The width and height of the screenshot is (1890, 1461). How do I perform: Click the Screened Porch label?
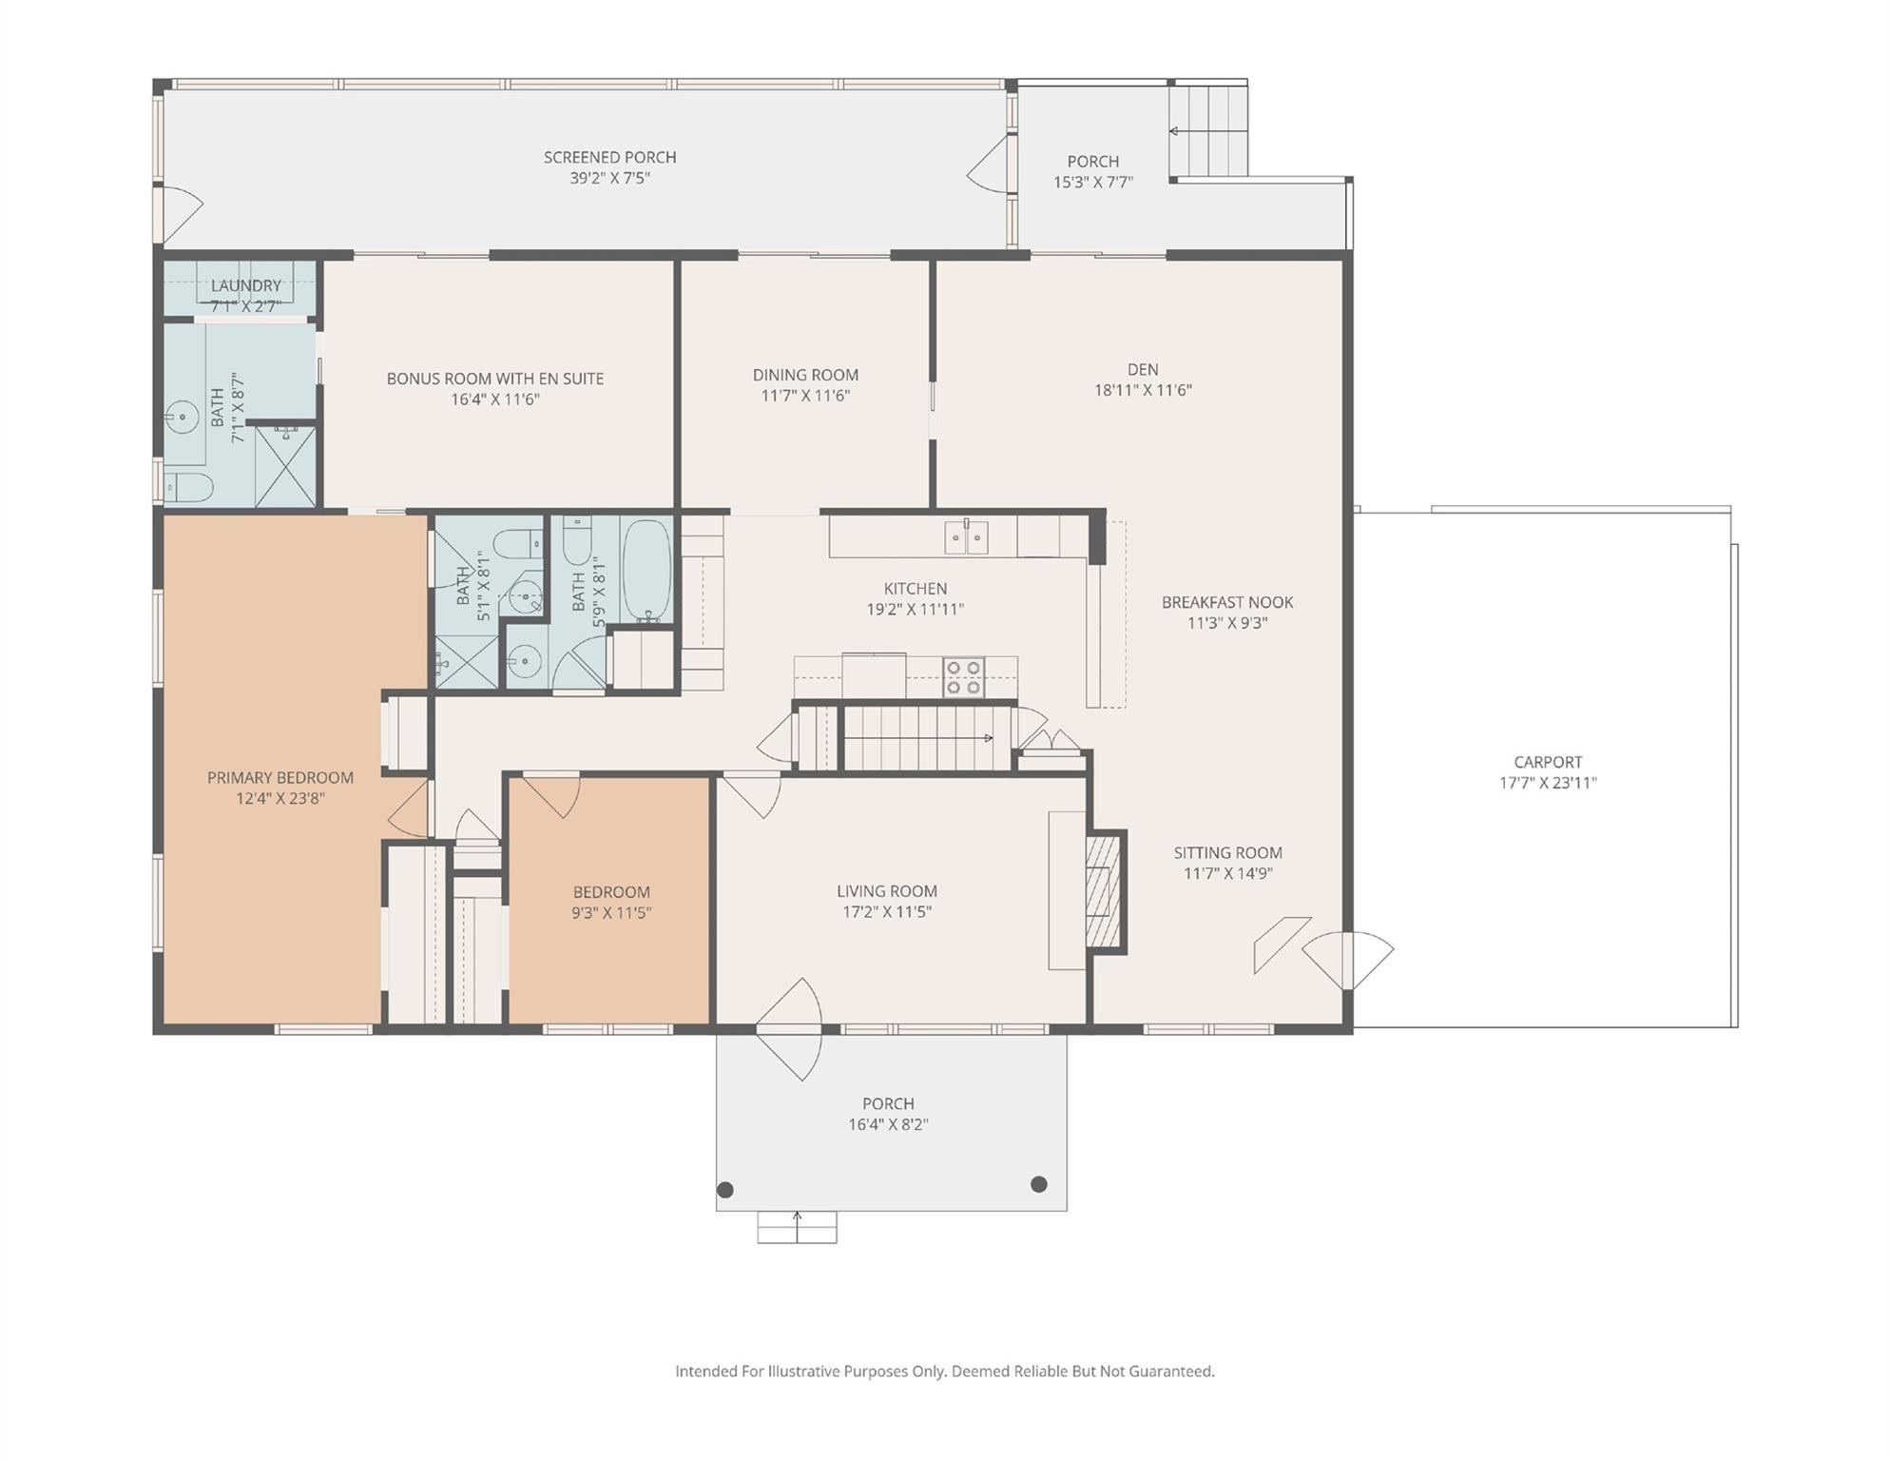pos(609,157)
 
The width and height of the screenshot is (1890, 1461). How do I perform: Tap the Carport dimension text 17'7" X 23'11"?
pos(1548,783)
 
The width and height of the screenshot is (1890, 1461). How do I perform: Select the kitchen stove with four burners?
pos(963,677)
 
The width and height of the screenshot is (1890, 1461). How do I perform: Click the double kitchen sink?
pos(966,537)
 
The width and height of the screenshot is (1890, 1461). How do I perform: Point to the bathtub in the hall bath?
pos(646,570)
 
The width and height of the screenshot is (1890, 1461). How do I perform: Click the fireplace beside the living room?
pos(1106,891)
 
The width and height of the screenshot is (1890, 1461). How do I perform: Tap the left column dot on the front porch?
pos(725,1190)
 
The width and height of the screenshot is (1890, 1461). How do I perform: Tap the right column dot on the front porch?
pos(1039,1184)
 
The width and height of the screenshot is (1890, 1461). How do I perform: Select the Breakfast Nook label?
pos(1227,602)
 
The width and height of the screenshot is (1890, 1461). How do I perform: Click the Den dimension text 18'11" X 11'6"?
pos(1143,390)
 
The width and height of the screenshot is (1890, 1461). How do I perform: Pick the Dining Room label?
pos(805,375)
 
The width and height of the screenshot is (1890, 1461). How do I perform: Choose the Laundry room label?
pos(245,285)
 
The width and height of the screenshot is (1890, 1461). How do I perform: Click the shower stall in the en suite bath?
pos(285,465)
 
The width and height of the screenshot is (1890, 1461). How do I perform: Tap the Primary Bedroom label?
pos(280,777)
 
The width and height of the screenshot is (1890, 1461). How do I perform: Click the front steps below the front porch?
pos(797,1227)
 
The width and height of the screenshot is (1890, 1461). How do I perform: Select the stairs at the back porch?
pos(1208,130)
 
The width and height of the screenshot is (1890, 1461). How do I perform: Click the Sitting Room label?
pos(1227,853)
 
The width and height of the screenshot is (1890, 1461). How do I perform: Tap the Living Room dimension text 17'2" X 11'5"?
pos(887,912)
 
